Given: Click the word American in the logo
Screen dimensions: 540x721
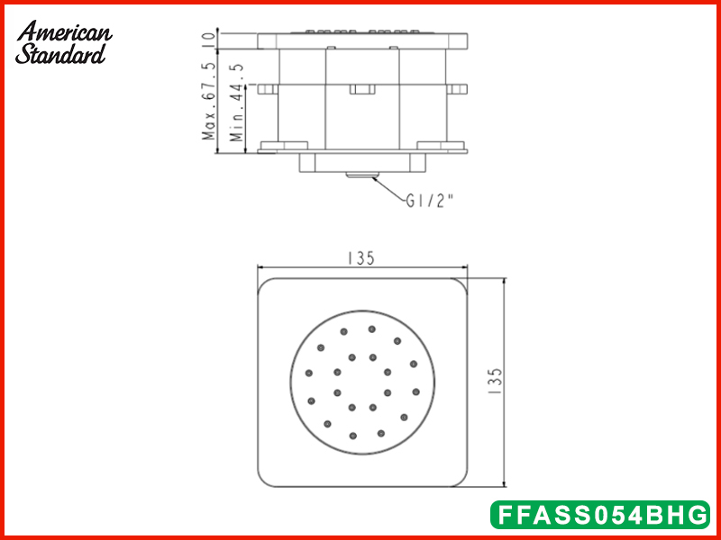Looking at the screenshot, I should [x=64, y=32].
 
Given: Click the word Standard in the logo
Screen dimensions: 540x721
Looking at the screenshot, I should [x=60, y=54].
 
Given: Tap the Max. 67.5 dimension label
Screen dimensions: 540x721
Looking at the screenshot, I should [x=209, y=102].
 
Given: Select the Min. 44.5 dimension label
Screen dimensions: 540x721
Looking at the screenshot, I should [x=236, y=102].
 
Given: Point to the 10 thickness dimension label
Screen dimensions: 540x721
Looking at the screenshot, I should [x=209, y=40].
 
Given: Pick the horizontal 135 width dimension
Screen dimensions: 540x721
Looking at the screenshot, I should [x=360, y=258].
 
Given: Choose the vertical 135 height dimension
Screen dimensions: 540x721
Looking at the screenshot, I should [x=495, y=382].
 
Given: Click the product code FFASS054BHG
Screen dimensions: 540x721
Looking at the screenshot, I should [x=599, y=516].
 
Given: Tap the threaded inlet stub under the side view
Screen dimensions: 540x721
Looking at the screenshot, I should [x=361, y=175].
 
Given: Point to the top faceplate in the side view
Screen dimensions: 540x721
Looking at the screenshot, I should [x=361, y=40].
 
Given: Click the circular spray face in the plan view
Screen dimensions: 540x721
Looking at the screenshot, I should [x=361, y=383].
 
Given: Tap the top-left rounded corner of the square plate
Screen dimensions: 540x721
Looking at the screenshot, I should [x=267, y=285].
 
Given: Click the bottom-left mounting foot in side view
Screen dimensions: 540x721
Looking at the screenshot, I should [x=284, y=147].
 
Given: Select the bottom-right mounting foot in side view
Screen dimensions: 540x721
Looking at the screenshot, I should [x=441, y=147].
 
